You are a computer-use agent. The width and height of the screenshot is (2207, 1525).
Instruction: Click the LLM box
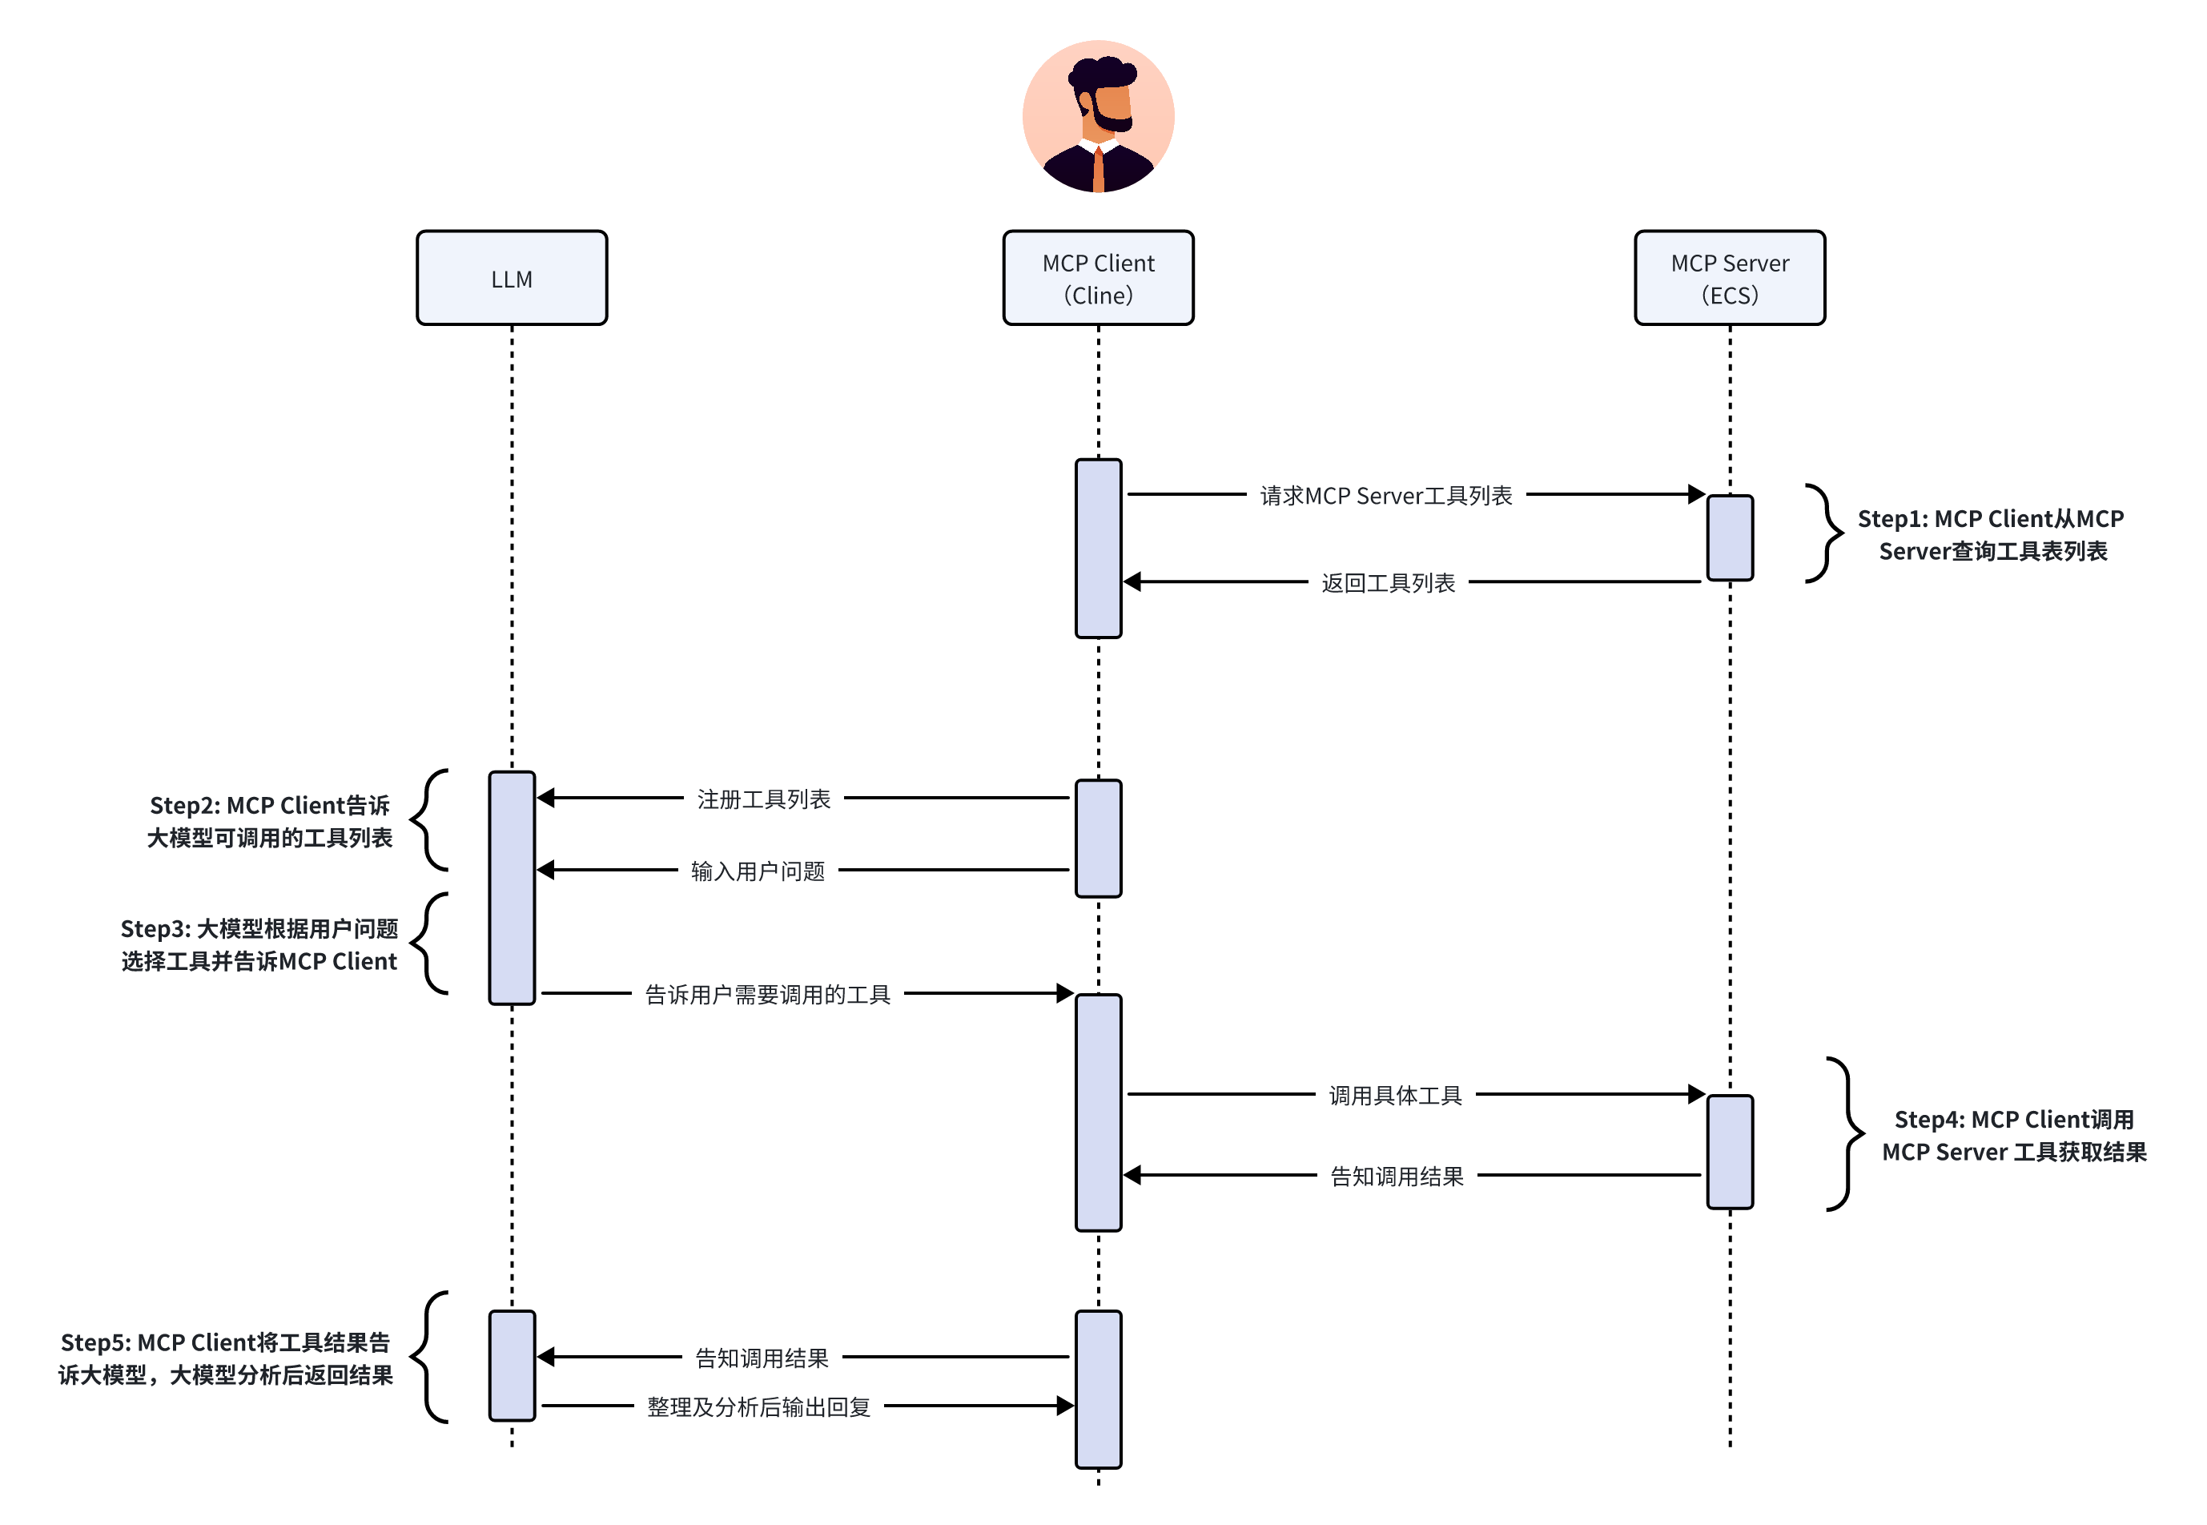[511, 278]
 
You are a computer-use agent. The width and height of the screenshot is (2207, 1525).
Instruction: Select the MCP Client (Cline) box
[1098, 278]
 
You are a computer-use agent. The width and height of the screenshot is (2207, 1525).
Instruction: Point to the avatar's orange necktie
[1099, 170]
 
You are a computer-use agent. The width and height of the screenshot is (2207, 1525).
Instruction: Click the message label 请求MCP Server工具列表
[1385, 496]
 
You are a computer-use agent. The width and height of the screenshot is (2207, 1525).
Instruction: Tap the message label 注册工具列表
[763, 799]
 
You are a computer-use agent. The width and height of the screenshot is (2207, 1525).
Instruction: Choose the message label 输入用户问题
[758, 871]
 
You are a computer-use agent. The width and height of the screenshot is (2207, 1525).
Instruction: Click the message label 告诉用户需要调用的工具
[767, 995]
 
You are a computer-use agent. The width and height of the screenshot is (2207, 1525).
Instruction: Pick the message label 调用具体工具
[1395, 1095]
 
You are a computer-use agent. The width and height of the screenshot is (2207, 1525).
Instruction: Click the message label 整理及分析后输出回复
[758, 1406]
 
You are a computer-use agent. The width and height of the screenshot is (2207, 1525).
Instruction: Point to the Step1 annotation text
[1991, 535]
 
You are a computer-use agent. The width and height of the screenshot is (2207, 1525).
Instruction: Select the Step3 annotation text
[259, 945]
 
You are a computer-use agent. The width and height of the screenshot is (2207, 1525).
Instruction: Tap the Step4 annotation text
[2014, 1135]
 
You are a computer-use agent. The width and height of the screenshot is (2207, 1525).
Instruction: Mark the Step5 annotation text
[226, 1358]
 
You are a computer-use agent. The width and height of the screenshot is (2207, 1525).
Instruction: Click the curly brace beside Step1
[1824, 533]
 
